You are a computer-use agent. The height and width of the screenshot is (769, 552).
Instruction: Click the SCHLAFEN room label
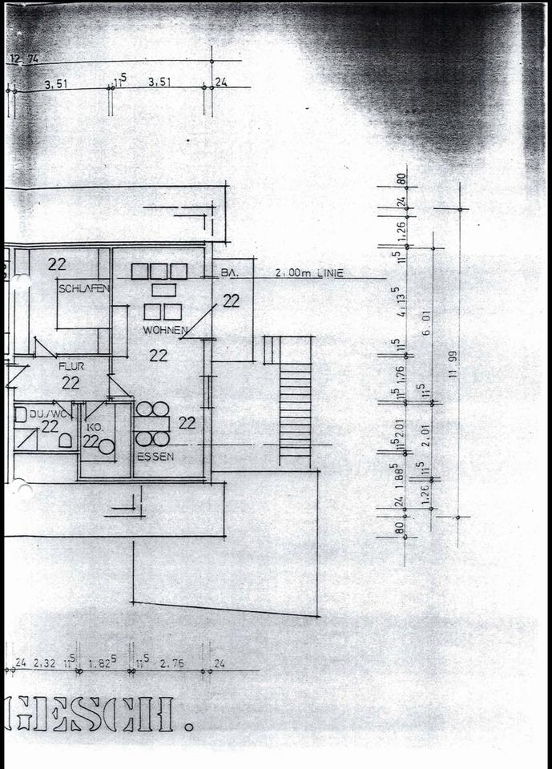[83, 288]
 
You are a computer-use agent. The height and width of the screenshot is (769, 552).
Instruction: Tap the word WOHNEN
[165, 330]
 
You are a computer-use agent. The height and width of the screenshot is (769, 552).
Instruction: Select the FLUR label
[71, 366]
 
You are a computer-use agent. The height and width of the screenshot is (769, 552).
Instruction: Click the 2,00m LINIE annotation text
[308, 273]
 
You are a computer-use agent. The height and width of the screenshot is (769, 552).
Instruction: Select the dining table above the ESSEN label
[152, 425]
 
